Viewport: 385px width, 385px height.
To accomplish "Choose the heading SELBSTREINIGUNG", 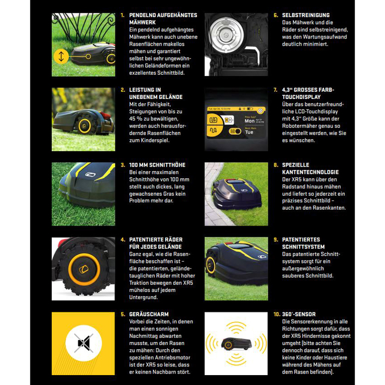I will [305, 15].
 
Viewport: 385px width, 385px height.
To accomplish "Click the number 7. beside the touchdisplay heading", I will [275, 90].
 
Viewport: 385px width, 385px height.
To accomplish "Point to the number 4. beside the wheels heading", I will [123, 240].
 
